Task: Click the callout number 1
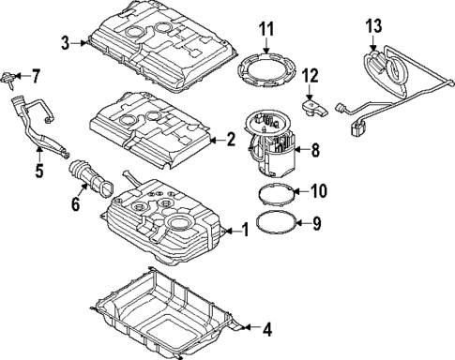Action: click(246, 228)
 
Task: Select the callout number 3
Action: click(66, 42)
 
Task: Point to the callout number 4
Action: click(266, 329)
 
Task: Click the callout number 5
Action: click(39, 172)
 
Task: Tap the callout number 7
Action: click(37, 74)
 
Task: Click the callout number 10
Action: click(317, 191)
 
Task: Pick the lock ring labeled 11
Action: click(266, 70)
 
